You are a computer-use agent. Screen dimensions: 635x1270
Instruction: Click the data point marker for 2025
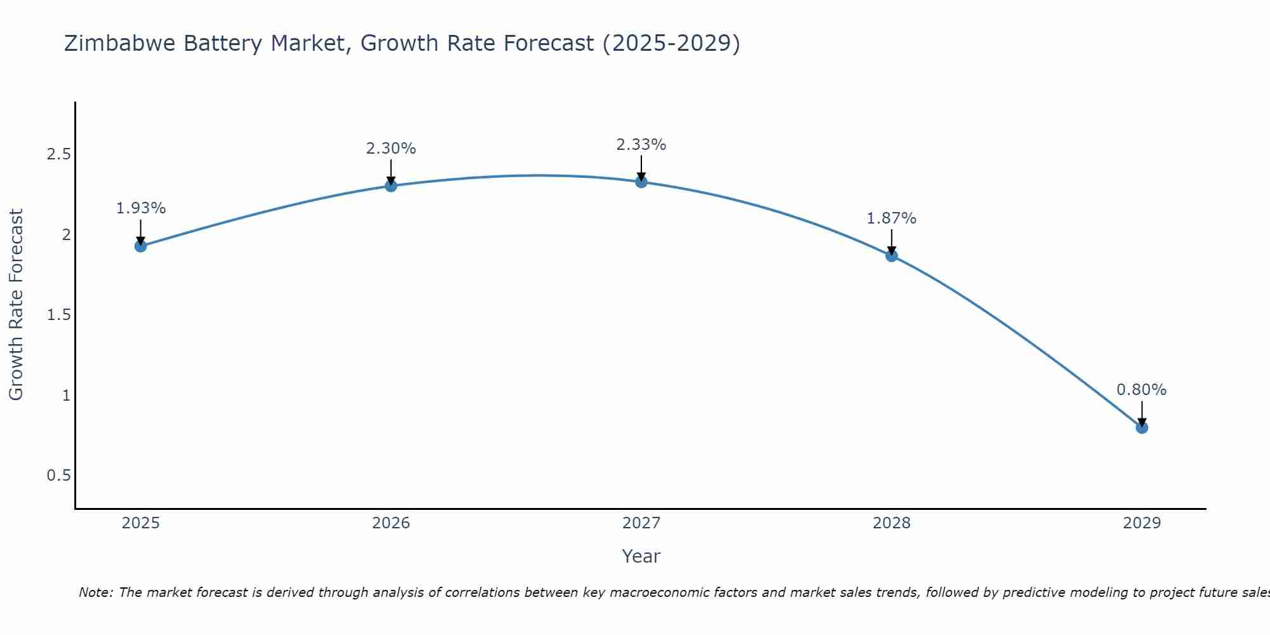click(x=141, y=246)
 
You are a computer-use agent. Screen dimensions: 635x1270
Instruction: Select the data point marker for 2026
click(x=391, y=185)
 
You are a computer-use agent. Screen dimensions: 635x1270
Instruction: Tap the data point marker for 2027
click(x=641, y=182)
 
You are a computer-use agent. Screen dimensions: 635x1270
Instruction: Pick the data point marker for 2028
click(x=892, y=256)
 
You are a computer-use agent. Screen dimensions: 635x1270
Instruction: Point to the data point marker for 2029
click(x=1142, y=427)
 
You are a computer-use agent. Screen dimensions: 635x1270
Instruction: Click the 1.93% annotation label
click(x=141, y=208)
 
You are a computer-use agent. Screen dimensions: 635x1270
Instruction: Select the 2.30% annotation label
click(x=391, y=149)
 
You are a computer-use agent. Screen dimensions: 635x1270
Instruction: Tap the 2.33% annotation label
click(x=641, y=145)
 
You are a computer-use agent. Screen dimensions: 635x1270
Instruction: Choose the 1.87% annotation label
click(x=892, y=218)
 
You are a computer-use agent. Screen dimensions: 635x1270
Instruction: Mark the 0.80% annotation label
click(x=1142, y=390)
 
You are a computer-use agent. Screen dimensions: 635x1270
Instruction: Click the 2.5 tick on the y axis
click(x=59, y=154)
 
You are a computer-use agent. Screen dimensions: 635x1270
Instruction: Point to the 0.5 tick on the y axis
click(x=59, y=476)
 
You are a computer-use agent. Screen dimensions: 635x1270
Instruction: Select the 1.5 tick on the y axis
click(x=59, y=315)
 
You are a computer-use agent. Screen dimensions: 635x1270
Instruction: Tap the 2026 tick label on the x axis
click(x=391, y=523)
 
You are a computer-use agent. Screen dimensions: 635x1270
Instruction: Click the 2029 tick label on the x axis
click(x=1142, y=523)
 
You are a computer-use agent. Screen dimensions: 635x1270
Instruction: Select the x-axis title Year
click(x=641, y=556)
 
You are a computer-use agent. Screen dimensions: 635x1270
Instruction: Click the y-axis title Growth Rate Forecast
click(x=16, y=305)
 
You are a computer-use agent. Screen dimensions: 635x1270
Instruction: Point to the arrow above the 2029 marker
click(x=1142, y=413)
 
